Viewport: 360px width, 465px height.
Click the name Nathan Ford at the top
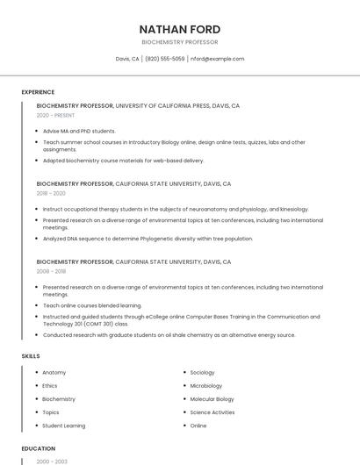coord(179,29)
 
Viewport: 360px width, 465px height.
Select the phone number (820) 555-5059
coord(165,59)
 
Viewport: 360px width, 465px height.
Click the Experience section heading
coord(38,92)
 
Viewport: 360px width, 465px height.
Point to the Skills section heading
coord(31,356)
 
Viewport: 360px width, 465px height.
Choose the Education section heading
coord(38,448)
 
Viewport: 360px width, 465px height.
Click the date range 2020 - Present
coord(56,115)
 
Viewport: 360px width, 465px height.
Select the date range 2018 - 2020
coord(51,193)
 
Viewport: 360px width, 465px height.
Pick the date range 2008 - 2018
coord(51,271)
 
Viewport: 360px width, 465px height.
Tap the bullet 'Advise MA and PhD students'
coord(79,131)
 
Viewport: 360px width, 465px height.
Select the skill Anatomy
coord(54,372)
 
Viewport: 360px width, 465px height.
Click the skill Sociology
coord(202,372)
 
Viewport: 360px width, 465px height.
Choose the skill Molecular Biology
coord(212,399)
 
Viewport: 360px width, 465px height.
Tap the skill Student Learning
coord(64,426)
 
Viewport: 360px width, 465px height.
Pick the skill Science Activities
coord(212,412)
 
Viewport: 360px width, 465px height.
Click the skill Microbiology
coord(206,386)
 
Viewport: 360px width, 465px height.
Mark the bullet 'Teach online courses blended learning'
coord(92,305)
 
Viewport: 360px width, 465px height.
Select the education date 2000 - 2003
coord(50,461)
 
